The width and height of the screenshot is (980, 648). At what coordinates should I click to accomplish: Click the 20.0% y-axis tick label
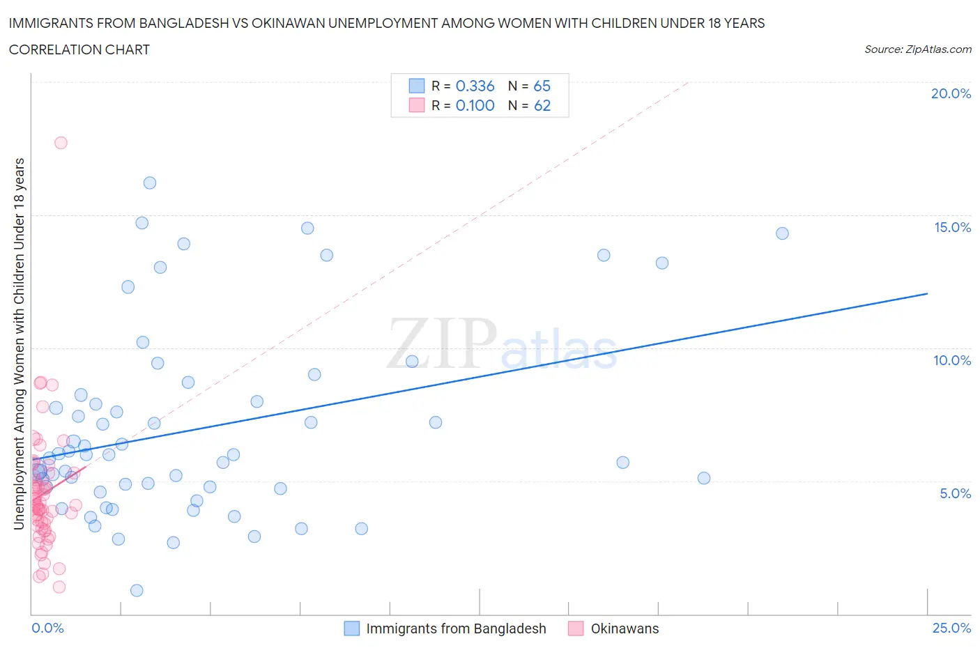(951, 93)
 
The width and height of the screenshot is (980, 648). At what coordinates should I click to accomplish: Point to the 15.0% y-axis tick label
(952, 227)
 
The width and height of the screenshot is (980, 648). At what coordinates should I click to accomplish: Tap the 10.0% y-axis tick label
(952, 360)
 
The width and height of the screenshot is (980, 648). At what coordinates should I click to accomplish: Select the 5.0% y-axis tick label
(955, 493)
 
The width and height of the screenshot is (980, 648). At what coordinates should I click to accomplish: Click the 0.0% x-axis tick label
(47, 628)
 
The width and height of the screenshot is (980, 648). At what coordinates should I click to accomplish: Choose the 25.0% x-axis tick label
(951, 628)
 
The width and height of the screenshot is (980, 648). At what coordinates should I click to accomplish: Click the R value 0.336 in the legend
(475, 86)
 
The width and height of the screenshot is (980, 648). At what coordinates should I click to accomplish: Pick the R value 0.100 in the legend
(475, 105)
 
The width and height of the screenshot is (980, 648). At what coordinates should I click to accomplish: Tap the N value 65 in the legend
(542, 86)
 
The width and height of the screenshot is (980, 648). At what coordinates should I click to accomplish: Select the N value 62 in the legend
(542, 105)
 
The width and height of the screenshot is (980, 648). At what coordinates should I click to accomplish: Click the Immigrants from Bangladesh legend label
(456, 628)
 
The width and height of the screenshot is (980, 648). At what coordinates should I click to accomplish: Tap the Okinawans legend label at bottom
(625, 628)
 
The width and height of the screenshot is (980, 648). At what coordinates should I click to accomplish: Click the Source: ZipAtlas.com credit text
(917, 49)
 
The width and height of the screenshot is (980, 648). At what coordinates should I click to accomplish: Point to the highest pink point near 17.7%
(61, 143)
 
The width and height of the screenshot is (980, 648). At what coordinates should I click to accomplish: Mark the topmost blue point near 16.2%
(150, 183)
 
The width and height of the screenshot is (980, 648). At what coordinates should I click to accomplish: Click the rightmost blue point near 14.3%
(782, 233)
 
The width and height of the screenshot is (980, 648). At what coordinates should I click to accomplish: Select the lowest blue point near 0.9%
(137, 590)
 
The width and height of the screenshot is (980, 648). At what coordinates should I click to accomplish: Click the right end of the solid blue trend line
(927, 293)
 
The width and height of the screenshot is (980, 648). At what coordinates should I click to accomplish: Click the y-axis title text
(19, 343)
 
